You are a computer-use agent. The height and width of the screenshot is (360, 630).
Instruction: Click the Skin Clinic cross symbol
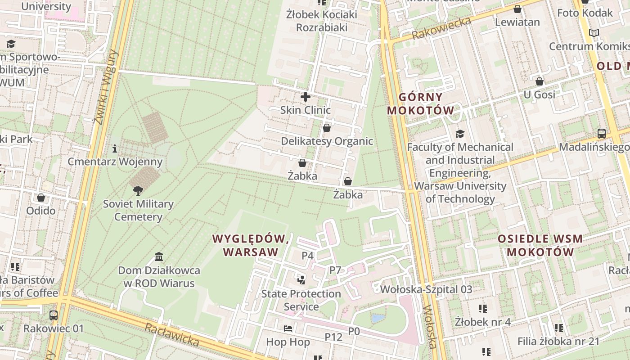(x=306, y=97)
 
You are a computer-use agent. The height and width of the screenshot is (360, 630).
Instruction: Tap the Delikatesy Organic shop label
(x=327, y=141)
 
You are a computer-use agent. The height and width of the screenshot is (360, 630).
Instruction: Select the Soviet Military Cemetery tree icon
(x=138, y=191)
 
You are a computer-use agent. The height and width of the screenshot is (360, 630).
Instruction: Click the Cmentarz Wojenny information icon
(x=115, y=148)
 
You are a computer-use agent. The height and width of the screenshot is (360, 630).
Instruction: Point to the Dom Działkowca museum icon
(x=159, y=257)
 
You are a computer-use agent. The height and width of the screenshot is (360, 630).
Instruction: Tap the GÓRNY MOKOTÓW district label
(x=421, y=104)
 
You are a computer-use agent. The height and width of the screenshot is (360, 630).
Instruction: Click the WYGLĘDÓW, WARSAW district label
(x=251, y=245)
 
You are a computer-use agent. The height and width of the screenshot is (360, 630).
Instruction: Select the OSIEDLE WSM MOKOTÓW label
(x=540, y=245)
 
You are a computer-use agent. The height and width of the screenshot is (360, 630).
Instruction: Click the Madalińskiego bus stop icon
(x=602, y=134)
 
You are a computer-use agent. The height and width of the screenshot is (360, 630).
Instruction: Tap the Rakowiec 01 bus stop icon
(x=54, y=315)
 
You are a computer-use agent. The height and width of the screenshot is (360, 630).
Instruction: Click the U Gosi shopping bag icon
(x=539, y=81)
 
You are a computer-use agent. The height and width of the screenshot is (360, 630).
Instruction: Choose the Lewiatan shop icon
(x=517, y=9)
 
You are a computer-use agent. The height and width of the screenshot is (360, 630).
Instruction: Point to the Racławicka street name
(x=171, y=335)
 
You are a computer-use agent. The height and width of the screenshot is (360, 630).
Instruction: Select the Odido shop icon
(x=41, y=198)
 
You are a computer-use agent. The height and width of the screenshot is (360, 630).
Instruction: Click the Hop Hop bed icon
(x=288, y=328)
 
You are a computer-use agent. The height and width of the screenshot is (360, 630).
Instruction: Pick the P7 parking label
(x=335, y=270)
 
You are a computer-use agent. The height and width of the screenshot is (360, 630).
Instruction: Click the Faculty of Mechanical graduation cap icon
(x=460, y=134)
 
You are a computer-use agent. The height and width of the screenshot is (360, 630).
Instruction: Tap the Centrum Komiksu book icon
(x=594, y=33)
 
